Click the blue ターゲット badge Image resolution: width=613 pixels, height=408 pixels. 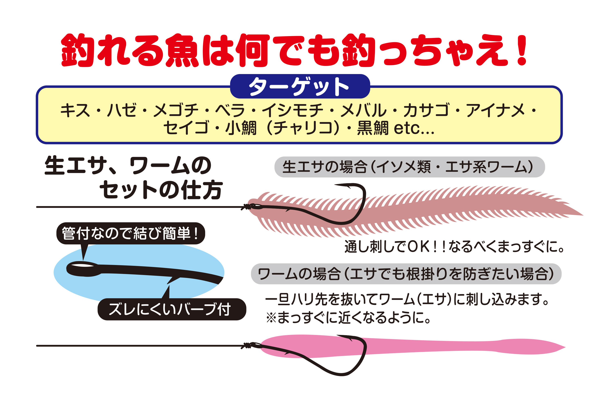click(x=300, y=86)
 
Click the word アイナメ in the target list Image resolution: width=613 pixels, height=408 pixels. click(x=495, y=110)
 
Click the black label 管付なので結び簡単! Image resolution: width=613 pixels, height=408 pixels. click(x=131, y=233)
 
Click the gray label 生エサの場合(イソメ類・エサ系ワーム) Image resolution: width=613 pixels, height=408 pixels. click(x=409, y=167)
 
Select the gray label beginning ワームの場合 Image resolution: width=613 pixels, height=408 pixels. click(x=406, y=274)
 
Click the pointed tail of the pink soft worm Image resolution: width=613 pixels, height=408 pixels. click(x=564, y=347)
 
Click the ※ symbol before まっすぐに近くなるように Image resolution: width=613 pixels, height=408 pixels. click(x=271, y=318)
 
